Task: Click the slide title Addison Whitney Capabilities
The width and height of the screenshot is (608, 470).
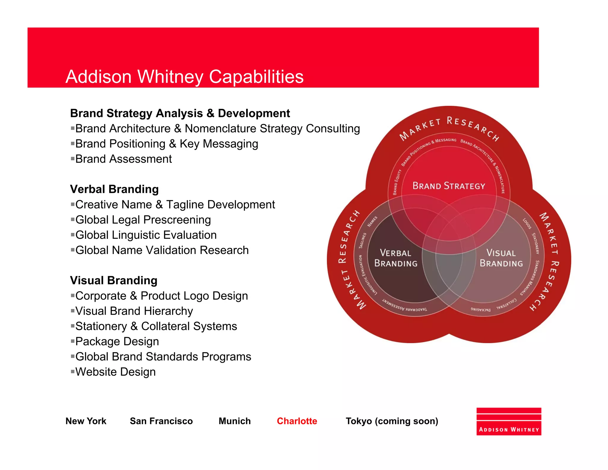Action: [184, 77]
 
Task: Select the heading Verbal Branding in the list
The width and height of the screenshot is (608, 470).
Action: [114, 189]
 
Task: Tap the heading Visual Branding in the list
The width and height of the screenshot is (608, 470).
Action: [114, 280]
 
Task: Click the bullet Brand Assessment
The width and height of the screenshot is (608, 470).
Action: [123, 159]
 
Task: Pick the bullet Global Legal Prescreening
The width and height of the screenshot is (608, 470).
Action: [143, 220]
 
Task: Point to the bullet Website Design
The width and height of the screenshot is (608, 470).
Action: [115, 372]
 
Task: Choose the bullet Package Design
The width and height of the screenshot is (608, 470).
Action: [117, 341]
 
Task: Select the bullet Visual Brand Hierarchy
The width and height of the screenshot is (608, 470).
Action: [134, 311]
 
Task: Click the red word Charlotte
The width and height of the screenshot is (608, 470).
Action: [297, 421]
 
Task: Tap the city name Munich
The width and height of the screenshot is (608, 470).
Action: [235, 421]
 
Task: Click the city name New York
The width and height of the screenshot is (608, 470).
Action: [86, 421]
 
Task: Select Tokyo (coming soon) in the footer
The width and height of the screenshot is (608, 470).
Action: [392, 421]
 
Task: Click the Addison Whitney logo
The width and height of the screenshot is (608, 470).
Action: [509, 422]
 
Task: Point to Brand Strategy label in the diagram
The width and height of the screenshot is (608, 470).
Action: [449, 186]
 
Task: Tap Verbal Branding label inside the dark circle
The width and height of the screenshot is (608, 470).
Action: [396, 258]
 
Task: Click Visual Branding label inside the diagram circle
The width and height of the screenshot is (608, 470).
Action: [501, 258]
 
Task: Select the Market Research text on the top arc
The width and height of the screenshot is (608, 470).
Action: [449, 126]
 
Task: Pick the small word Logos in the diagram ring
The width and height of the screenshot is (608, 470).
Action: [527, 224]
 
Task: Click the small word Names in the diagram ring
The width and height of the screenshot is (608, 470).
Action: [372, 221]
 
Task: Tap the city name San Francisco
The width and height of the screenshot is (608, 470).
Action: [161, 421]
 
